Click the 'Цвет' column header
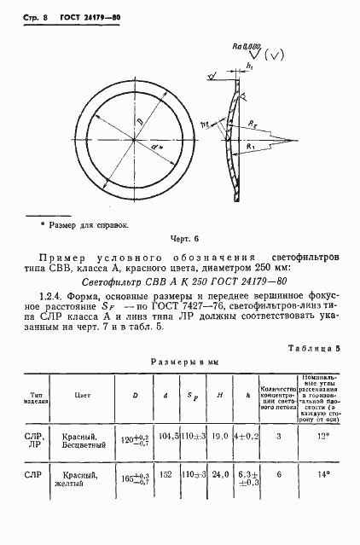[x=84, y=396]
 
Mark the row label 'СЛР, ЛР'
[x=35, y=442]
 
